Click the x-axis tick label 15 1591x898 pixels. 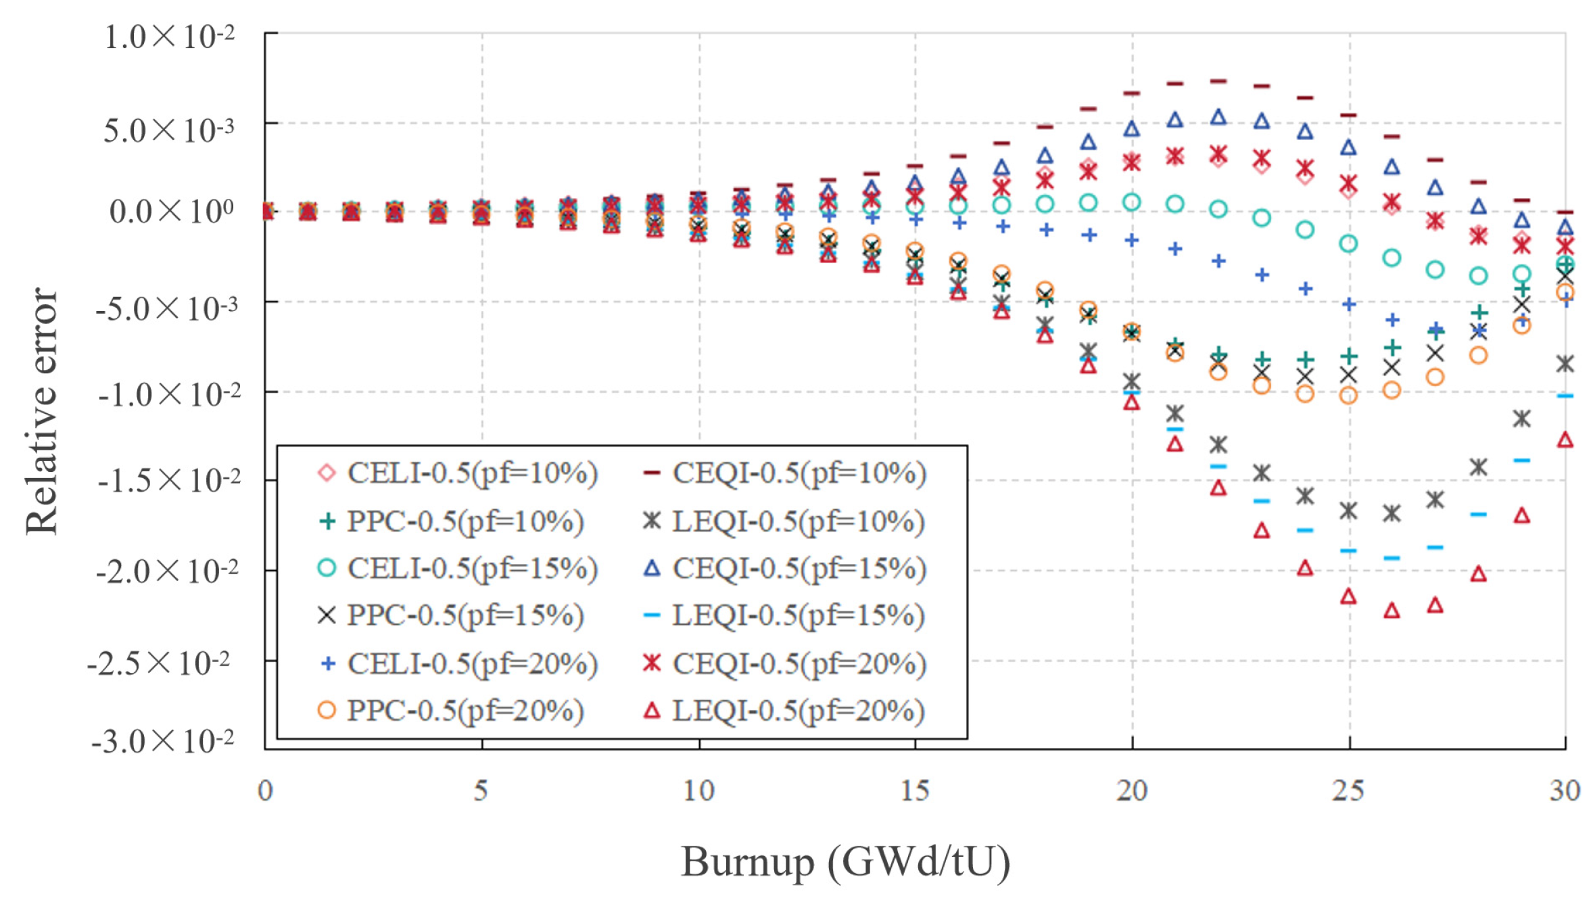click(x=915, y=790)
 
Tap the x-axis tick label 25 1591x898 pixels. click(x=1348, y=790)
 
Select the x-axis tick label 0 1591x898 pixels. click(x=265, y=790)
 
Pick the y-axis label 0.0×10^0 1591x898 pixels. click(x=172, y=212)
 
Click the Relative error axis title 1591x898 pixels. click(x=42, y=411)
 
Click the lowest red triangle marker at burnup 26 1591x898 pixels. click(x=1392, y=611)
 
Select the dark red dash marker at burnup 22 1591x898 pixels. click(x=1218, y=81)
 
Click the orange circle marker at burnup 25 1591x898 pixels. click(x=1348, y=396)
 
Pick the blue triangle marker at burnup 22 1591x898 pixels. click(x=1218, y=117)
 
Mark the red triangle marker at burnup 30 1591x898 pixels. click(x=1565, y=440)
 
